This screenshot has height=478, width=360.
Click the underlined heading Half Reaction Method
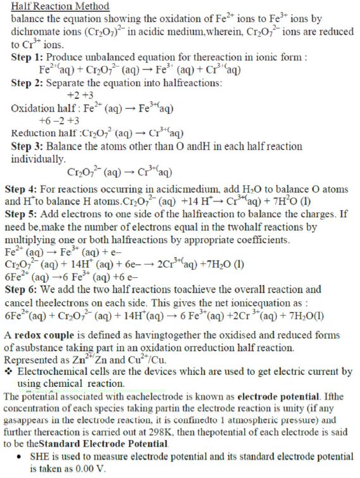pyautogui.click(x=59, y=6)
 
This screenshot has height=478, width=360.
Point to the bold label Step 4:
pyautogui.click(x=22, y=189)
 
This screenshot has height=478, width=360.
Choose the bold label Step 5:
pyautogui.click(x=22, y=215)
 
